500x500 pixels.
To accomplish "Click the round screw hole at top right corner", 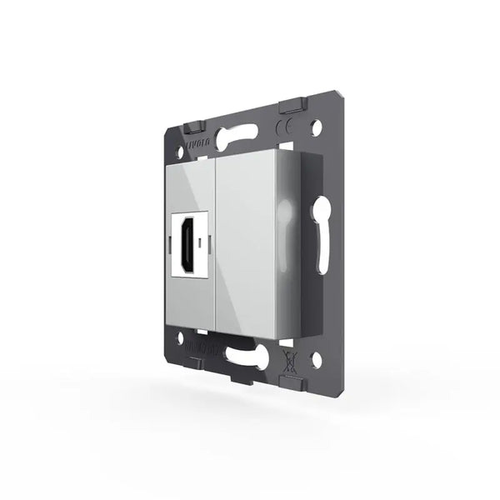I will (x=315, y=129).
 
